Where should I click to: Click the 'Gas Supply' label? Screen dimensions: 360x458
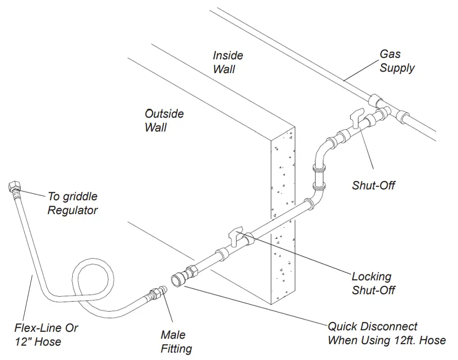(397, 61)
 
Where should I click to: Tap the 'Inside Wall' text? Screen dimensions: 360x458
(228, 62)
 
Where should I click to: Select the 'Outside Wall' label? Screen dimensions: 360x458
(164, 120)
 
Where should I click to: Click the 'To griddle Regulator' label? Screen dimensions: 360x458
(72, 203)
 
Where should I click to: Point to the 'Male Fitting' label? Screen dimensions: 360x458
(176, 342)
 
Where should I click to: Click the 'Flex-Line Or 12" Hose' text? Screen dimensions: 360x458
(46, 334)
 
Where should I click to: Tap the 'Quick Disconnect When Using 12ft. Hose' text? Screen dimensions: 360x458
(386, 333)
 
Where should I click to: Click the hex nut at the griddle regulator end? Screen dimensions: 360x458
(14, 188)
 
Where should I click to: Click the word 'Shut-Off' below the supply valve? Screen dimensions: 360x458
(373, 185)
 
